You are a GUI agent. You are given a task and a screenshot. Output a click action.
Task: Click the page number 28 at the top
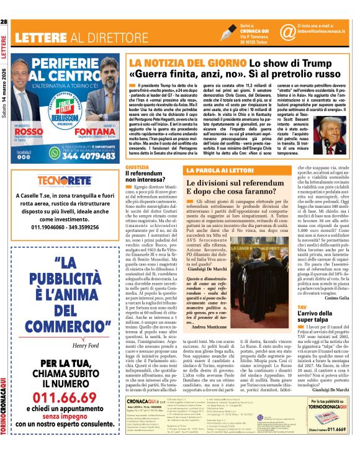coord(4,22)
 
